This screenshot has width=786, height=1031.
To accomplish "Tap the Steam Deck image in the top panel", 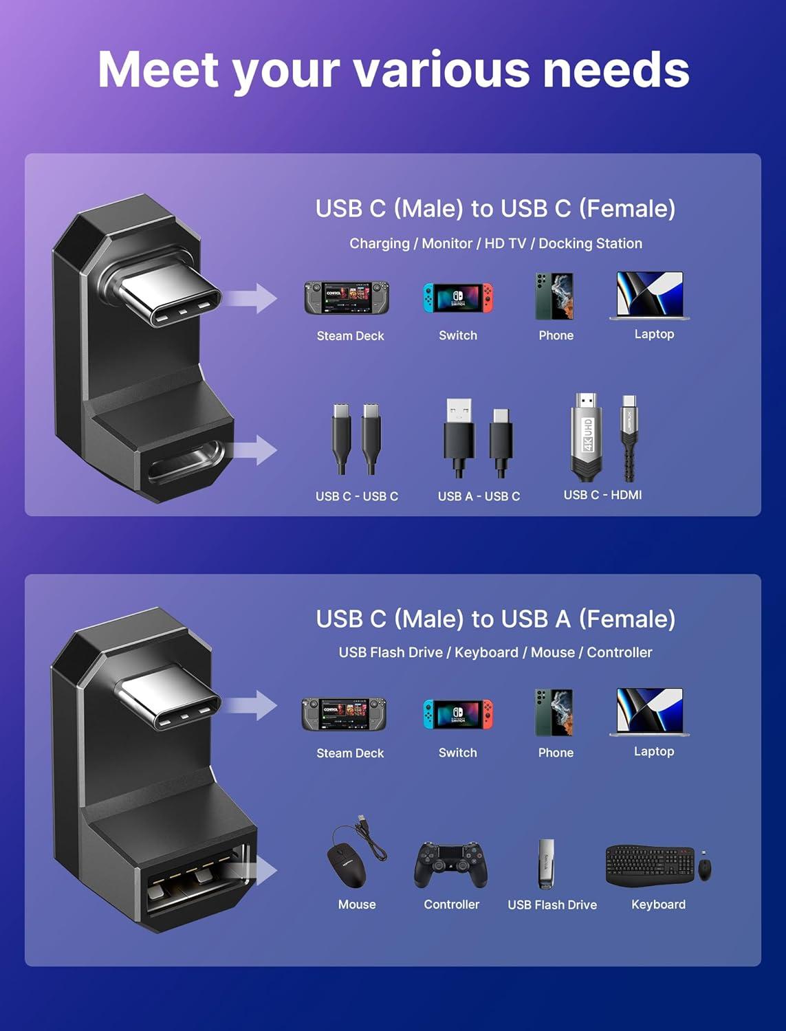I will [347, 298].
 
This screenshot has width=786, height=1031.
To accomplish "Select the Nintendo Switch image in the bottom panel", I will [458, 715].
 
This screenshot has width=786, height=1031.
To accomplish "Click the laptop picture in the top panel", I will [650, 296].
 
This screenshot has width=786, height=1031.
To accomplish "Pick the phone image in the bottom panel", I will [554, 713].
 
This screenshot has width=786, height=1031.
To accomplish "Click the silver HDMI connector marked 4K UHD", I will [587, 436].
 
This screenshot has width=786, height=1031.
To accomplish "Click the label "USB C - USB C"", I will [356, 496].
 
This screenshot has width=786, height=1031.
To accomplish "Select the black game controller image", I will [450, 865].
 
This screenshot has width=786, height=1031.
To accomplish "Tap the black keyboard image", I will [650, 865].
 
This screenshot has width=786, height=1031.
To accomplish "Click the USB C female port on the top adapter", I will [186, 462].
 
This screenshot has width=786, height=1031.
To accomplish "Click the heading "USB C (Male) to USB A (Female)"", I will [495, 619].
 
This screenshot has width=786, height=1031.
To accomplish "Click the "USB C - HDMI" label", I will [602, 495].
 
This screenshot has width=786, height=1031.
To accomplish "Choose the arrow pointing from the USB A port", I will [261, 871].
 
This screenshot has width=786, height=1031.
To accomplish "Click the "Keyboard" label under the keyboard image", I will [658, 905].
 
